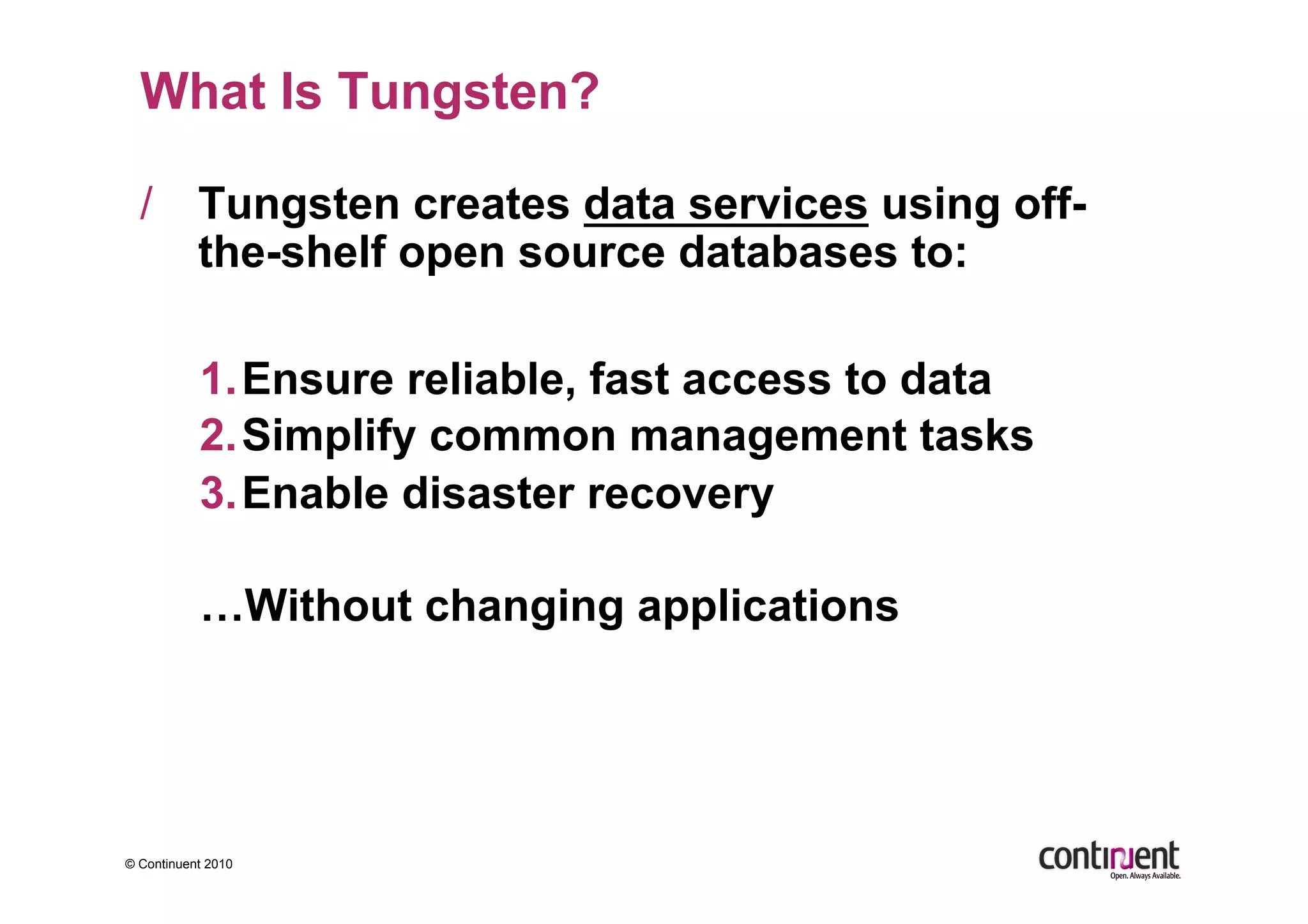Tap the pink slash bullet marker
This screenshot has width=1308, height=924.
[146, 203]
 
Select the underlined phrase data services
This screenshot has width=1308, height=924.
[726, 205]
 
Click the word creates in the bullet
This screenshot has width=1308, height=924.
[491, 205]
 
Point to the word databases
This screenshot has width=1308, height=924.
[787, 252]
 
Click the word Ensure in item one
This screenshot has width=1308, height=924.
[317, 379]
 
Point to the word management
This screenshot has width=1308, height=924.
[767, 435]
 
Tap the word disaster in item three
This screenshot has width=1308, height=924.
[488, 493]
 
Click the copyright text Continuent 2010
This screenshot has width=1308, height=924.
[179, 864]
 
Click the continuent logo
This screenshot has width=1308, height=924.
[1108, 856]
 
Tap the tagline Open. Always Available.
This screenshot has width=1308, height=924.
[1144, 876]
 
